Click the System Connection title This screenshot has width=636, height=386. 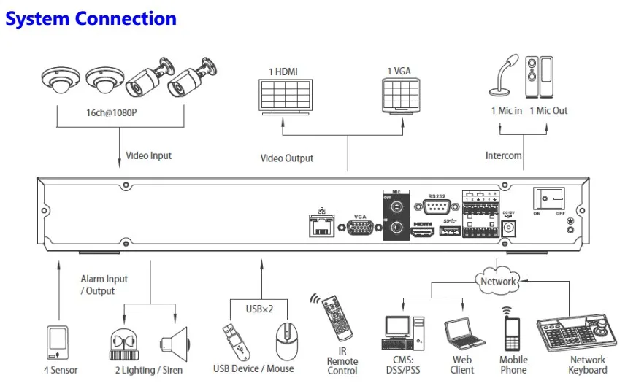[91, 19]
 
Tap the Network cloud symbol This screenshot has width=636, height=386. [498, 281]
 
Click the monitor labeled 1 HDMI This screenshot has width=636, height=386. [283, 95]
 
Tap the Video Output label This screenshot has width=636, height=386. [287, 158]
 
